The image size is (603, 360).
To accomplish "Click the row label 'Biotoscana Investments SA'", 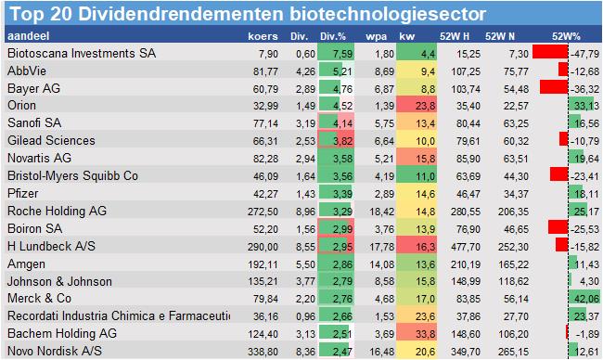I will tap(82, 53).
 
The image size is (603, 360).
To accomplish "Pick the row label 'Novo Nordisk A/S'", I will tap(56, 351).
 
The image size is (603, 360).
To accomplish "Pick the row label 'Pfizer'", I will tap(25, 193).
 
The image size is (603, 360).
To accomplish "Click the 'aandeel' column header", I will tap(27, 36).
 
